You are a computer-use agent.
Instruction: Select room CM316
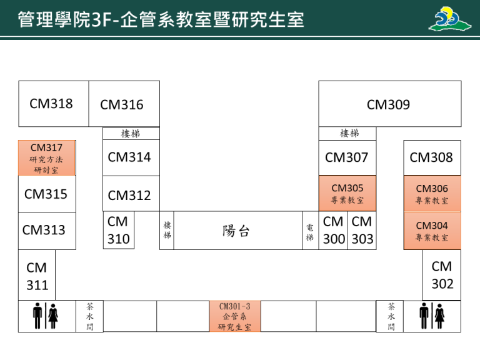pos(124,104)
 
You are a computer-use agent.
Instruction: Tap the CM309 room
pos(389,104)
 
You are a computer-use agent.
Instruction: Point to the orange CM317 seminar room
pos(47,158)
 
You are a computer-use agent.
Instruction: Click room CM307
pos(347,157)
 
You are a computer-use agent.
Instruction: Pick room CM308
pos(432,157)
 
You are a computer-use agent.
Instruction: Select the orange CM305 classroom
pos(347,194)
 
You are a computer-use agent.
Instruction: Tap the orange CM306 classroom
pos(432,194)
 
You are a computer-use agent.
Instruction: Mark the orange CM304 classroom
pos(432,231)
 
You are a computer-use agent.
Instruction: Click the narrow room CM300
pos(333,231)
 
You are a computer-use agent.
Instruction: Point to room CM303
pos(362,231)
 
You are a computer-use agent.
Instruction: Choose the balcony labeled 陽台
pos(236,231)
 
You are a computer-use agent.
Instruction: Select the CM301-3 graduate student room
pos(234,316)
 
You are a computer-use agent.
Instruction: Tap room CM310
pos(118,230)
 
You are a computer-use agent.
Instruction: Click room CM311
pos(37,276)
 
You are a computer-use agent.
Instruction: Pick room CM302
pos(442,275)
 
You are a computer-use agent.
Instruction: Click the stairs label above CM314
pos(131,133)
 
